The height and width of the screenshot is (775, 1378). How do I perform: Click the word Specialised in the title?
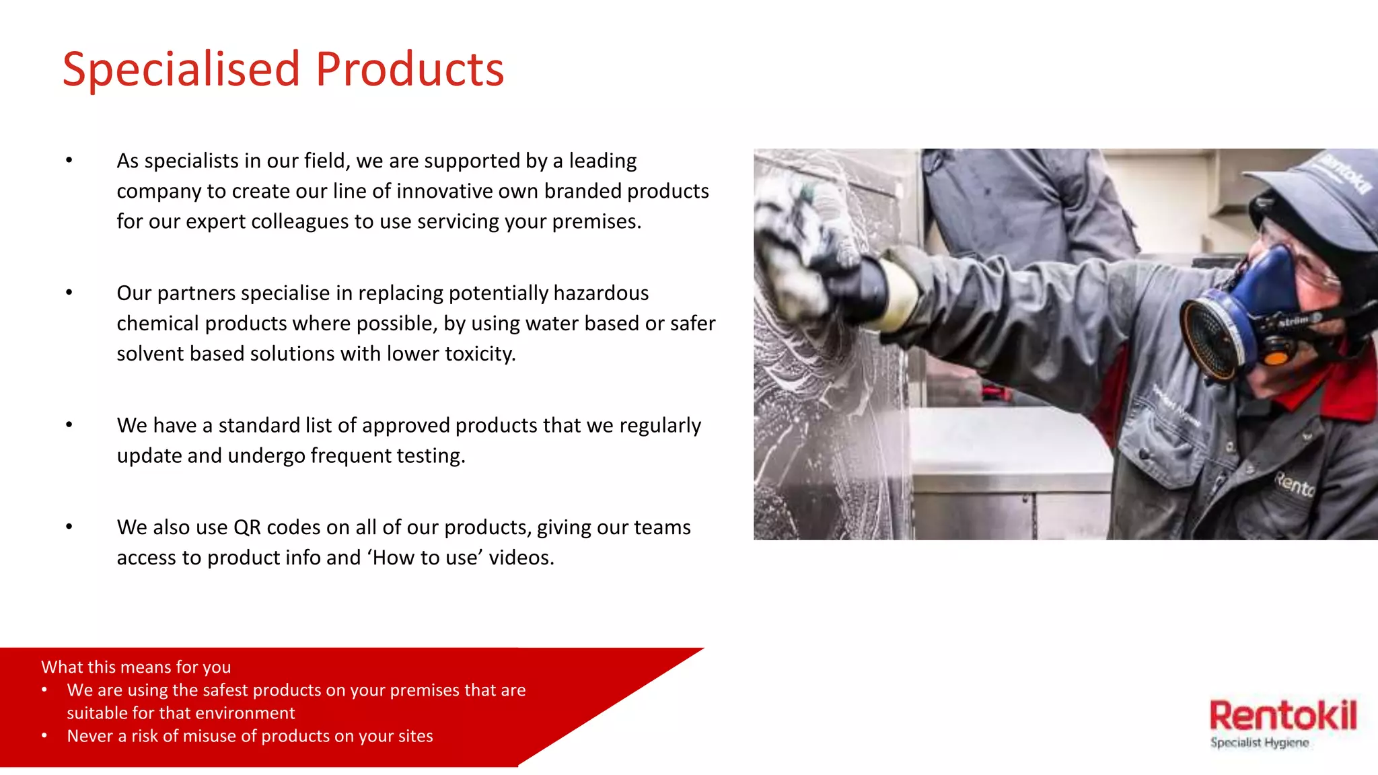(180, 70)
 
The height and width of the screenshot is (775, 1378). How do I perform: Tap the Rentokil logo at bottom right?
(1282, 716)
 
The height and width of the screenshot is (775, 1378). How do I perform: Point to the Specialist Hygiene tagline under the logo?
(1260, 743)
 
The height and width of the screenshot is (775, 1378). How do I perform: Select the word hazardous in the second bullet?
(601, 293)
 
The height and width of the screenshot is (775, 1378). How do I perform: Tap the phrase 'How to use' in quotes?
(427, 558)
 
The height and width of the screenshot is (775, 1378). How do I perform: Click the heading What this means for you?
(136, 667)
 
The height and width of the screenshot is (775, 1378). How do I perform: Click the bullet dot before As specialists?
(69, 160)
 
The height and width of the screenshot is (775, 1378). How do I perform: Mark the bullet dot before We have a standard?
(69, 425)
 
